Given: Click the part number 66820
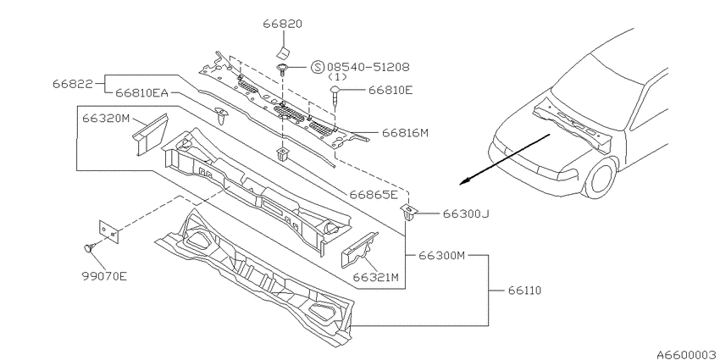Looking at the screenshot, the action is pyautogui.click(x=282, y=24).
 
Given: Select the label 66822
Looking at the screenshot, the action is pyautogui.click(x=72, y=84).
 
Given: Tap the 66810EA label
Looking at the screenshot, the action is pyautogui.click(x=141, y=93).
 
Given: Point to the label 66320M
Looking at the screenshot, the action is pyautogui.click(x=106, y=119).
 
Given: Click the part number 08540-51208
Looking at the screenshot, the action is pyautogui.click(x=368, y=67).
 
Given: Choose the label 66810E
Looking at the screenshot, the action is pyautogui.click(x=390, y=90).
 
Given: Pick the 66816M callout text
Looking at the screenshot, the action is pyautogui.click(x=405, y=133).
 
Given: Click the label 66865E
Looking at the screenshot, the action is pyautogui.click(x=374, y=195).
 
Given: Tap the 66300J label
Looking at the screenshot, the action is pyautogui.click(x=464, y=213).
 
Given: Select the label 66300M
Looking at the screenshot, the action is pyautogui.click(x=441, y=256).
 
